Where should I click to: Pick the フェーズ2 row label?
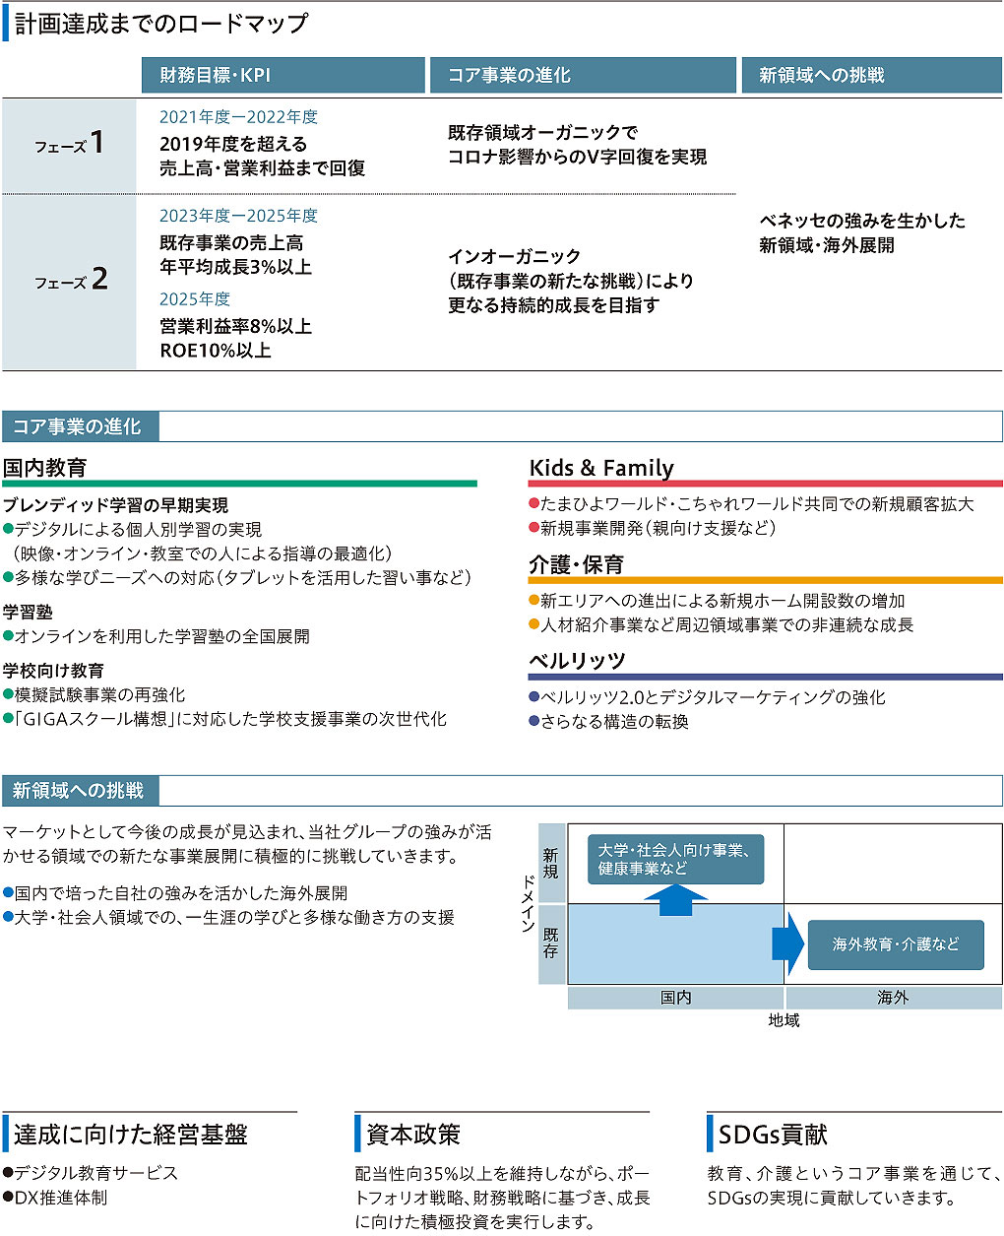(x=70, y=282)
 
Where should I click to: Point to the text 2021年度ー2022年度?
(x=238, y=117)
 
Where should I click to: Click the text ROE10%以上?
(x=216, y=351)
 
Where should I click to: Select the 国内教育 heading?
(x=44, y=468)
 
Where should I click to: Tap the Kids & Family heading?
(x=601, y=468)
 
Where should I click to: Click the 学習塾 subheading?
(x=28, y=613)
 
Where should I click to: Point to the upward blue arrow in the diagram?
(x=675, y=899)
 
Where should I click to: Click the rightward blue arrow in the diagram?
(x=788, y=943)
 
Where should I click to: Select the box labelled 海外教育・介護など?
(x=895, y=944)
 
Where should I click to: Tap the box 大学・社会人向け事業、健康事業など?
(x=675, y=859)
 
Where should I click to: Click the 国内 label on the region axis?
(x=675, y=998)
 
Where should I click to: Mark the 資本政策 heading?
(x=413, y=1135)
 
